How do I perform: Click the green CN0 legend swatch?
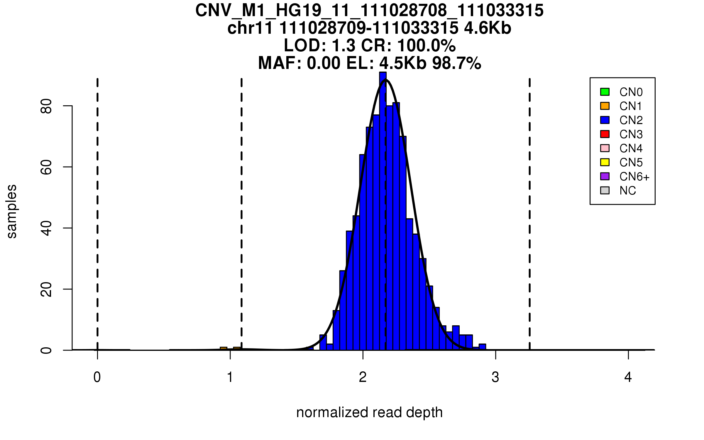point(605,92)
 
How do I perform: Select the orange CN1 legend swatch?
point(605,106)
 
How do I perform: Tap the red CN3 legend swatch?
point(605,134)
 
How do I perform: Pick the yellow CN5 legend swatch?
point(605,162)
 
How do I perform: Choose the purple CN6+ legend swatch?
point(605,176)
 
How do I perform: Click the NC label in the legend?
point(627,191)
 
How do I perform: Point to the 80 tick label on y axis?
point(46,106)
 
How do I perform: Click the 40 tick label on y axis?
point(46,228)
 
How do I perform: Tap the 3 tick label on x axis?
point(495,377)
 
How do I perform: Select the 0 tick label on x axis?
point(97,377)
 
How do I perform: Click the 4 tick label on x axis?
point(628,377)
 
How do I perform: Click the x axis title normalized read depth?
point(369,412)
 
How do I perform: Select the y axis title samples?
point(12,211)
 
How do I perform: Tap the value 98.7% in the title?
point(456,63)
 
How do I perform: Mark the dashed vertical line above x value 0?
point(97,205)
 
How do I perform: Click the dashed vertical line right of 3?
point(529,205)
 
